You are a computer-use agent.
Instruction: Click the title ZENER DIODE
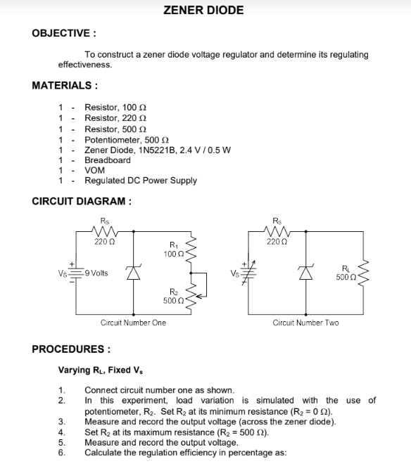(x=203, y=11)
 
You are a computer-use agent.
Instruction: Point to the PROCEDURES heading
(x=71, y=349)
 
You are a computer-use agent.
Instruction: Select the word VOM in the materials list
(x=94, y=170)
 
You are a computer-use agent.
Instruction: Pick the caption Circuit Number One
(x=133, y=323)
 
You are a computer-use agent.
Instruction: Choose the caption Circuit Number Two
(x=305, y=323)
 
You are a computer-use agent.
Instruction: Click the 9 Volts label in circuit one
(x=94, y=273)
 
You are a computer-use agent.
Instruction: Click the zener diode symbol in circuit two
(x=305, y=273)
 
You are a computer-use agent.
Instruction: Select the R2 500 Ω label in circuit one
(x=173, y=296)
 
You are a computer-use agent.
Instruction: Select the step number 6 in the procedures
(x=61, y=453)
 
